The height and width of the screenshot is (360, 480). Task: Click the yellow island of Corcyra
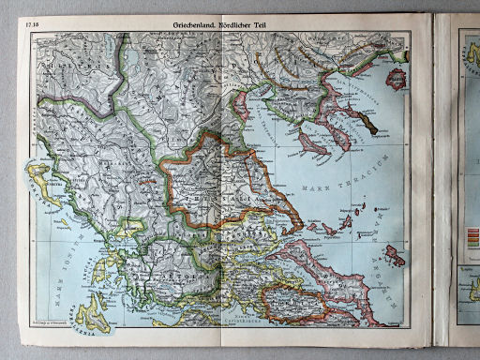click(x=43, y=178)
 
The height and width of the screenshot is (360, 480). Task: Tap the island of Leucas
click(x=95, y=272)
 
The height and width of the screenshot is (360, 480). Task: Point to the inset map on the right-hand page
click(x=468, y=300)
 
